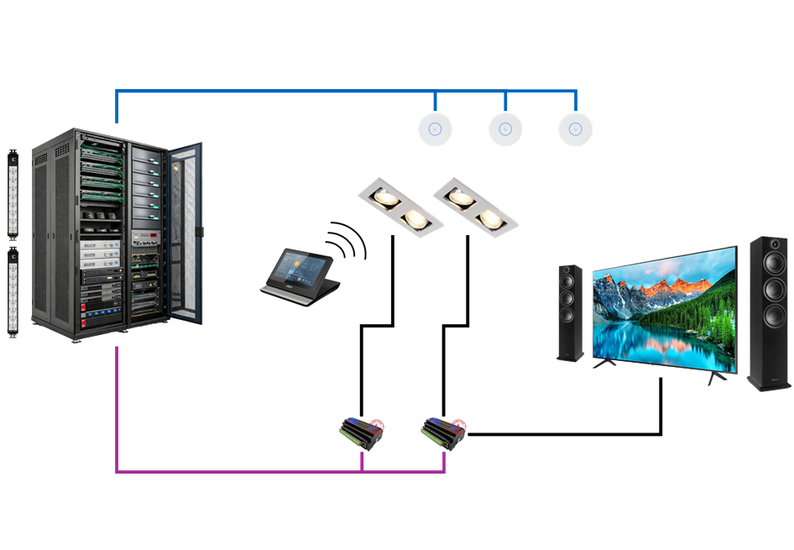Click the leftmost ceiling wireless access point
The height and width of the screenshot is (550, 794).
coord(435,128)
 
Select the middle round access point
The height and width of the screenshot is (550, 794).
coord(505,128)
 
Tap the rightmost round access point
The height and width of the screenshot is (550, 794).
coord(576,128)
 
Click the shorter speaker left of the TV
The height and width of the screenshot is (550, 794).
coord(571,313)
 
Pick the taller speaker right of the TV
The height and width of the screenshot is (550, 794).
coord(769,313)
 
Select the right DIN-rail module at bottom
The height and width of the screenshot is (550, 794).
coord(443,432)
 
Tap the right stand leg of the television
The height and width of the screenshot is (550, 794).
coord(713,377)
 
